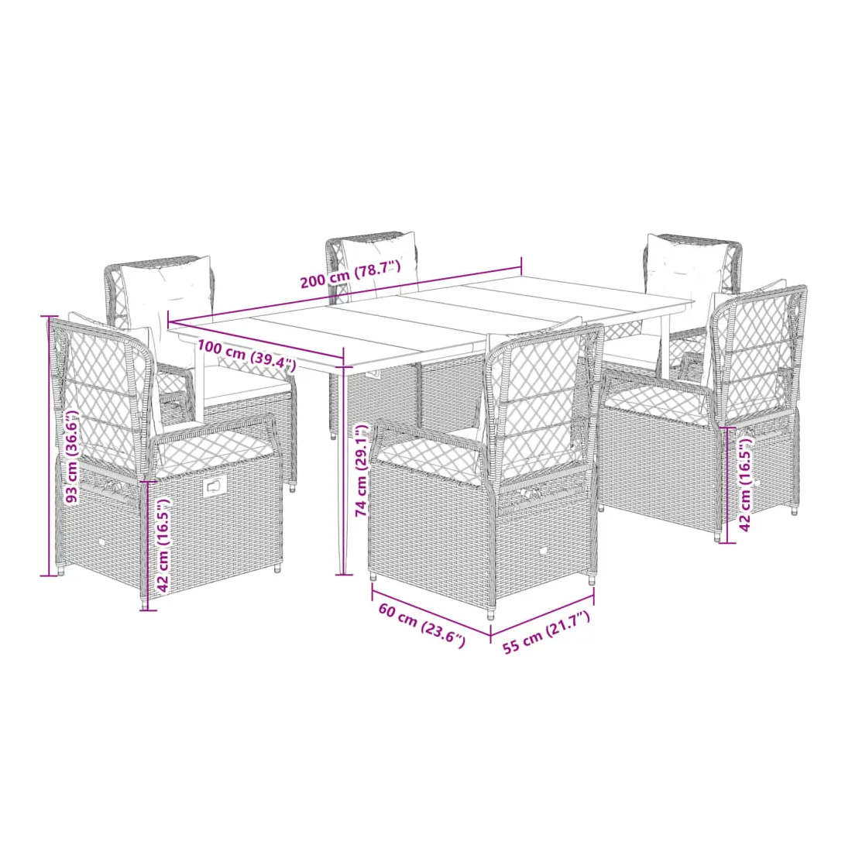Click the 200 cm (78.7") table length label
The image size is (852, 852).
(x=350, y=274)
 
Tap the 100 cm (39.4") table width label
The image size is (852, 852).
(x=246, y=354)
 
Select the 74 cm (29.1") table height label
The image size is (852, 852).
(x=362, y=470)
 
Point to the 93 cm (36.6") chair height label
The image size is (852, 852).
(x=72, y=456)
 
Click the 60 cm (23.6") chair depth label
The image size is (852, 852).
(x=421, y=625)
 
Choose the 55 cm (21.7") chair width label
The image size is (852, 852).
(x=546, y=632)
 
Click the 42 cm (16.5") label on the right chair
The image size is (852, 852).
(x=745, y=485)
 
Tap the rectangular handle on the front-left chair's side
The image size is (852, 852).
(x=215, y=487)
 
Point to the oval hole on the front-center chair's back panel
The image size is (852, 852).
(x=544, y=552)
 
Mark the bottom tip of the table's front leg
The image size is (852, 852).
(x=341, y=573)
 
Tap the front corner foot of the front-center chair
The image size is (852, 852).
(x=491, y=617)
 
